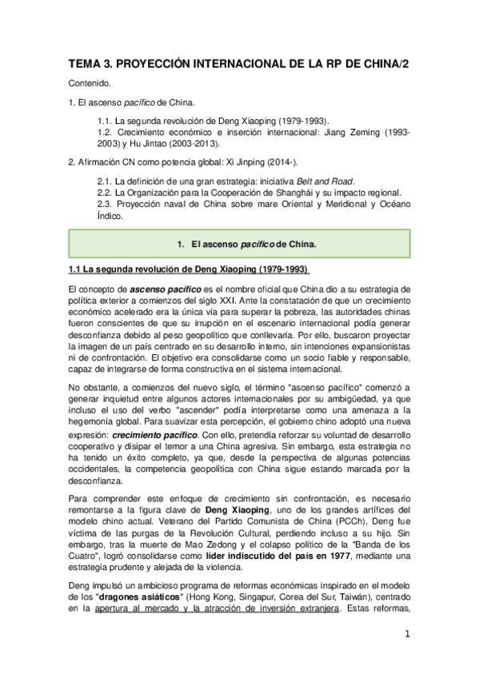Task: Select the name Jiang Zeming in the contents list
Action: point(352,131)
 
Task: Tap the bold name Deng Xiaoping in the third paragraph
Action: point(238,509)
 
